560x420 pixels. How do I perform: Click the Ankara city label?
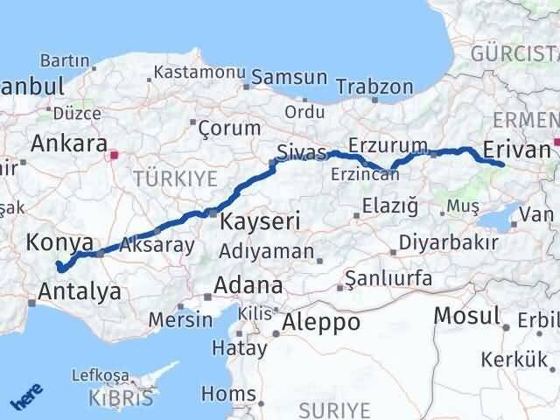pos(69,143)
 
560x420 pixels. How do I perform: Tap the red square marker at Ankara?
pos(113,157)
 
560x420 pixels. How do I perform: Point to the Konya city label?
pos(60,241)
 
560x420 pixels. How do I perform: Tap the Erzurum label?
pos(388,144)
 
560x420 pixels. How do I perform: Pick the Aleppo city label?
pos(315,322)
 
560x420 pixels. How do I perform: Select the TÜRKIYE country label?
pos(175,178)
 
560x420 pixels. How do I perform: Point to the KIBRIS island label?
pos(119,401)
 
